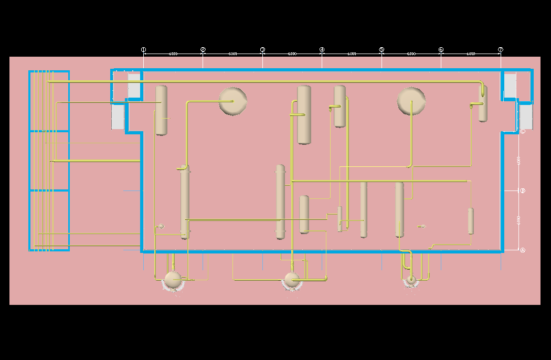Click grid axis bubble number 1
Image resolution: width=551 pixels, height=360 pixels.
pyautogui.click(x=143, y=50)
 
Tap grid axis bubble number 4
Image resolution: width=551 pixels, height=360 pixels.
pyautogui.click(x=322, y=50)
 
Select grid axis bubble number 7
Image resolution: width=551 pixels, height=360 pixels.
pyautogui.click(x=501, y=50)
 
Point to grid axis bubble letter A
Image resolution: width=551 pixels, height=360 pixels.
pyautogui.click(x=523, y=250)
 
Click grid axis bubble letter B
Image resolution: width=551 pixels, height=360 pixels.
pyautogui.click(x=523, y=190)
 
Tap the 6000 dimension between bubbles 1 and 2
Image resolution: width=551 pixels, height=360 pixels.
pyautogui.click(x=173, y=54)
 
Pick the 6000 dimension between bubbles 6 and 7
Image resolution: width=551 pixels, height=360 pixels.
pyautogui.click(x=471, y=54)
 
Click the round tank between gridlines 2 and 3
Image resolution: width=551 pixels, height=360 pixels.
pyautogui.click(x=233, y=101)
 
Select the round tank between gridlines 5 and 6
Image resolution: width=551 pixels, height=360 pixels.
pyautogui.click(x=411, y=101)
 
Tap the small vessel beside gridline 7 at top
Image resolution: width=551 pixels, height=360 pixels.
pyautogui.click(x=483, y=104)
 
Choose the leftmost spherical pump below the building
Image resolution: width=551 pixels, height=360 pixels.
pyautogui.click(x=173, y=279)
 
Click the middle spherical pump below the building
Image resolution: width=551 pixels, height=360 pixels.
pyautogui.click(x=292, y=279)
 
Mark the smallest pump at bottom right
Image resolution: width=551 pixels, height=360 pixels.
pyautogui.click(x=411, y=279)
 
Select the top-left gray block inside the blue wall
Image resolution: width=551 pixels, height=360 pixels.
pyautogui.click(x=134, y=85)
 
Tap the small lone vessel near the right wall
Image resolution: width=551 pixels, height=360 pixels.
pyautogui.click(x=471, y=221)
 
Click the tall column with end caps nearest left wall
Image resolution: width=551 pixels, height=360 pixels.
pyautogui.click(x=185, y=202)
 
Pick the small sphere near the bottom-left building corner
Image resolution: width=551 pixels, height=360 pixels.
pyautogui.click(x=161, y=226)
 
